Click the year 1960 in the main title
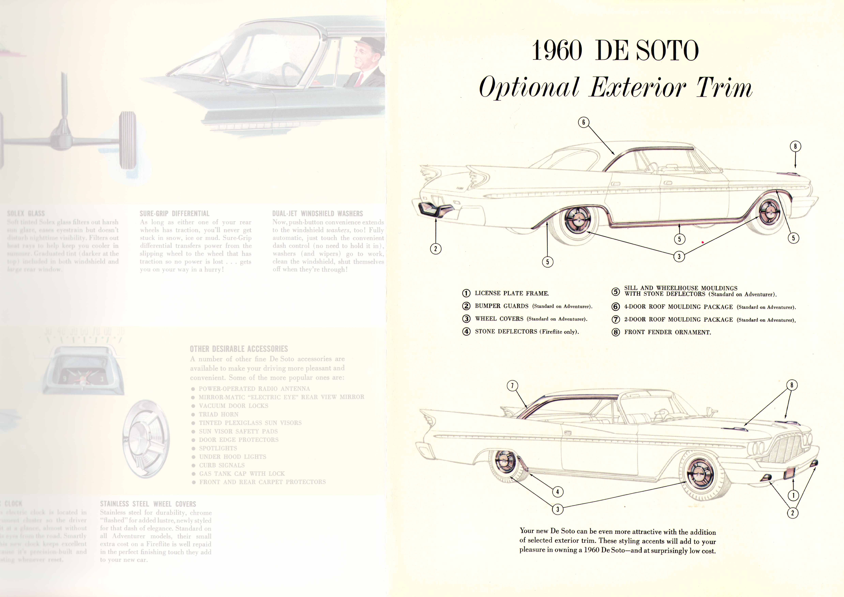coord(557,51)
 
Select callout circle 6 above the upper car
coord(583,122)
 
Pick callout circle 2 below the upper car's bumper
coord(436,249)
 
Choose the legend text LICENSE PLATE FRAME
coord(512,293)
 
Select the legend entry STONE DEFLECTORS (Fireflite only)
coord(526,331)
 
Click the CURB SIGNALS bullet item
coord(222,465)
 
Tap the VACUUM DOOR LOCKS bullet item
coord(233,406)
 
